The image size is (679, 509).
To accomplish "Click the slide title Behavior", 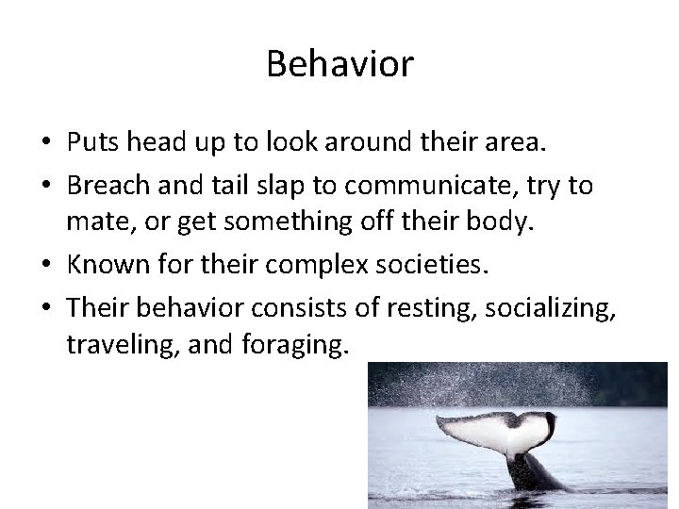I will [x=339, y=64].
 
